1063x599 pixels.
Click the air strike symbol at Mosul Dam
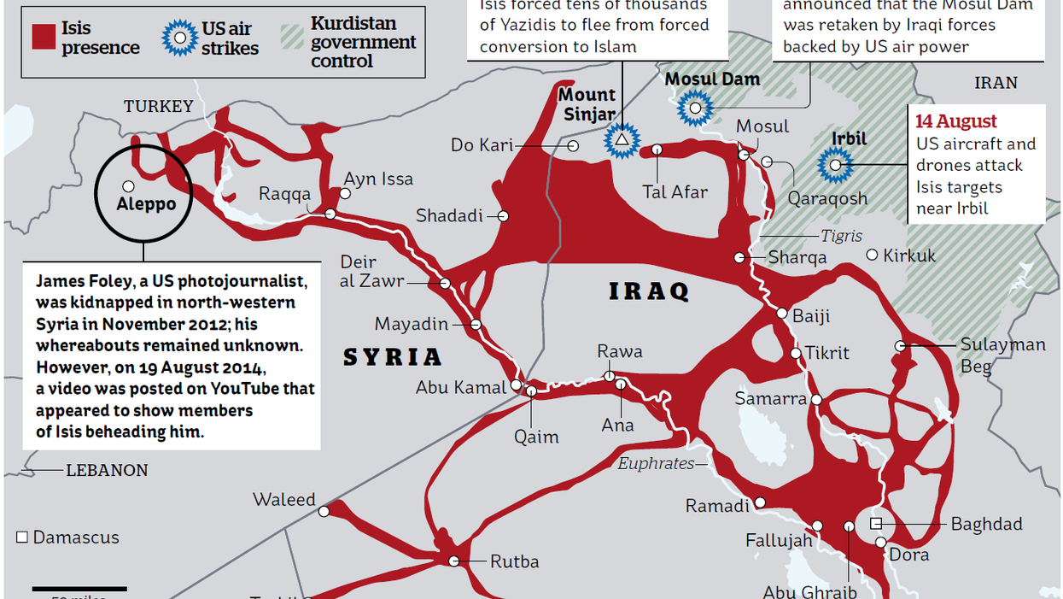point(696,108)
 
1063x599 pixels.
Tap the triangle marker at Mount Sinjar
point(622,139)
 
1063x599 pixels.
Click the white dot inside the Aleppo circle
point(128,185)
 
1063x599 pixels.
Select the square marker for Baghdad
point(875,523)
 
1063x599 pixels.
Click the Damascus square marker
point(22,537)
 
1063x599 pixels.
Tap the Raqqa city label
point(285,194)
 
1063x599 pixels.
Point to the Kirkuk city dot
point(872,255)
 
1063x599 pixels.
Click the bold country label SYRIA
point(393,357)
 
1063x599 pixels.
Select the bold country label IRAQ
point(649,291)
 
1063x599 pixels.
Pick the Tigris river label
point(841,236)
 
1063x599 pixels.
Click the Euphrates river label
point(656,463)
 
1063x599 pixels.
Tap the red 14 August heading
point(956,121)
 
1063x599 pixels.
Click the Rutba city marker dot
point(454,561)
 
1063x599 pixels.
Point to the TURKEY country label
point(159,106)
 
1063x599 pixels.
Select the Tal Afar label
point(675,191)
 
